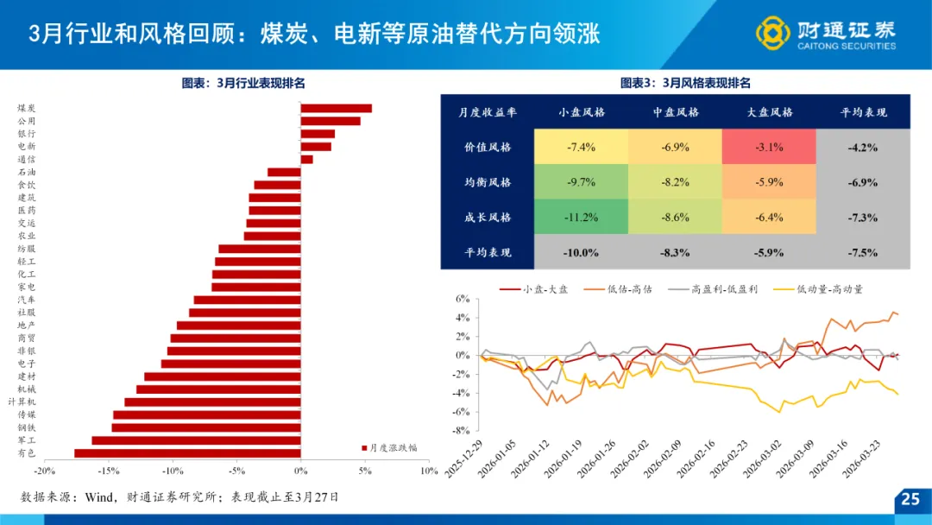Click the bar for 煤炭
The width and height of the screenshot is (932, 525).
336,108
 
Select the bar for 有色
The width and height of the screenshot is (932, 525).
187,452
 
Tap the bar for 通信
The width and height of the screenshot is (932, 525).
306,159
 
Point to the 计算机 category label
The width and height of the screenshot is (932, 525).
22,402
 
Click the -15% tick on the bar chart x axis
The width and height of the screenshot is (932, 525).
108,471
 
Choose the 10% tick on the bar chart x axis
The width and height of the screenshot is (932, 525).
429,471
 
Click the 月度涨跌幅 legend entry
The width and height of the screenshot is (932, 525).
389,447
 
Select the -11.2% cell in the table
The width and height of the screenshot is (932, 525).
582,218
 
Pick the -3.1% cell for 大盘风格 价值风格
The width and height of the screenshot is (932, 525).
769,148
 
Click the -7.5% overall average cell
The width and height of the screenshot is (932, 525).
862,253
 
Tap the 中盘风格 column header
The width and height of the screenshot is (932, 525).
676,112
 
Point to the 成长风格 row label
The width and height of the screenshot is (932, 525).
488,218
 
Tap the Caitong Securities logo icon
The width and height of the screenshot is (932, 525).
772,33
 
